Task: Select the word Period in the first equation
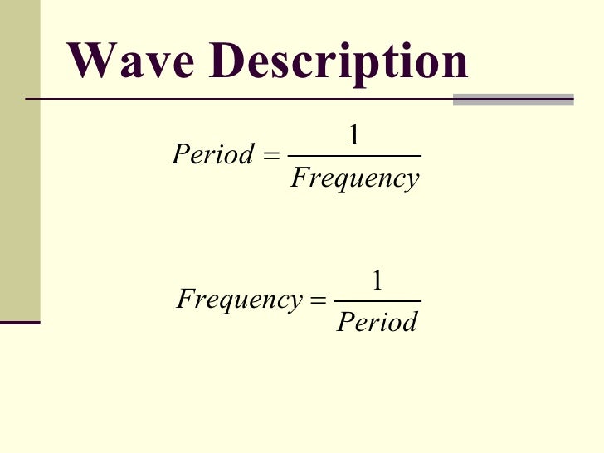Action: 212,154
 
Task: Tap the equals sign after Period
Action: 271,155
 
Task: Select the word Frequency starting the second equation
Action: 240,300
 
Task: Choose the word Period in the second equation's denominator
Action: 377,321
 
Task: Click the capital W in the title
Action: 90,61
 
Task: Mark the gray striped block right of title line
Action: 514,100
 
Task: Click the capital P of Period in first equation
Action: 179,154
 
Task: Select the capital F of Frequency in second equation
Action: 186,299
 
